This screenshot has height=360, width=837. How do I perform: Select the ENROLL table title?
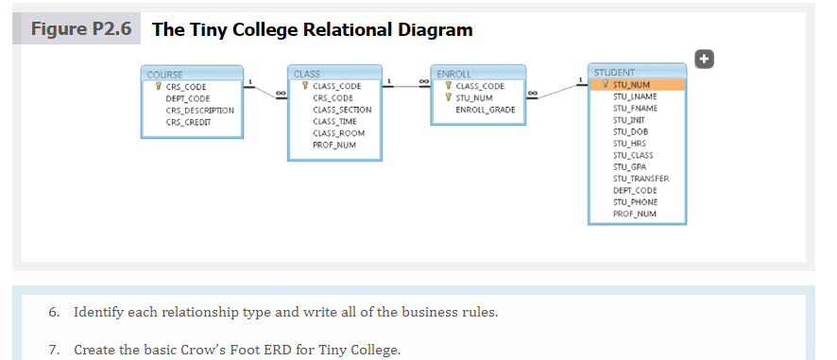(x=477, y=74)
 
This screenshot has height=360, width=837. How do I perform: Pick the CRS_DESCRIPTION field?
(x=199, y=110)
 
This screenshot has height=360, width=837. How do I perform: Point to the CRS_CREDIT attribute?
(x=187, y=121)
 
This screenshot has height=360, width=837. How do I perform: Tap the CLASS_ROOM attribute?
(x=337, y=133)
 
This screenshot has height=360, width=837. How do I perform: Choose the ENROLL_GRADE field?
(x=485, y=110)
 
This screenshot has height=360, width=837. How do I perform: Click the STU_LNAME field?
(x=636, y=96)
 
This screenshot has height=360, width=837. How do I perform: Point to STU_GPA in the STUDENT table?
(x=630, y=166)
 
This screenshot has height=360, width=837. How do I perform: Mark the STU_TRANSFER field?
(x=641, y=179)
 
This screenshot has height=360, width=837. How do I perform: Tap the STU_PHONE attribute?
(x=636, y=201)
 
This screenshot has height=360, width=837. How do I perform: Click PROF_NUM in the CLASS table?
(x=333, y=145)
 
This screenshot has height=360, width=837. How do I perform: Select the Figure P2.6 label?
(x=79, y=28)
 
